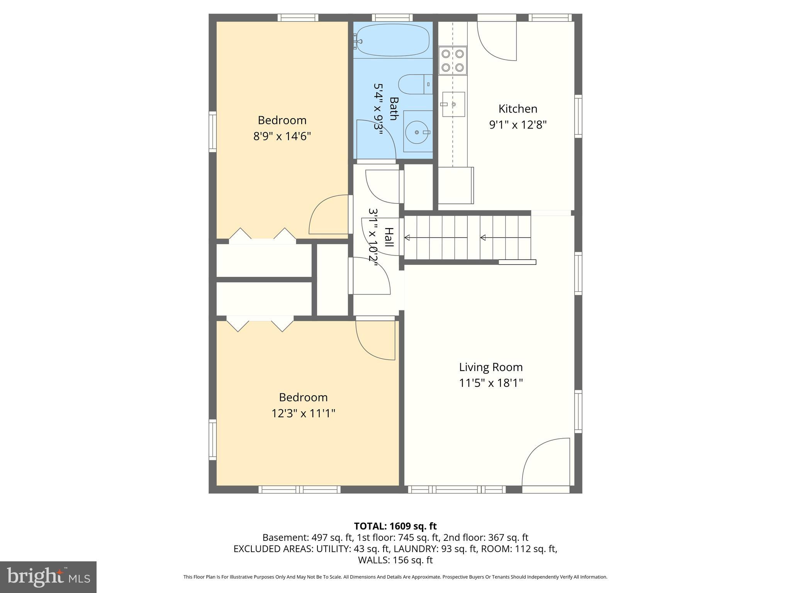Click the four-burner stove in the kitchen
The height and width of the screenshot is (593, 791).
coord(452,61)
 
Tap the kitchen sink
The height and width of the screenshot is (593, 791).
coord(453,104)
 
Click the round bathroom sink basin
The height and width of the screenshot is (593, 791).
coord(417,132)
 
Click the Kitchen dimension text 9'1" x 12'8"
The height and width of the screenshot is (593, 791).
coord(518,125)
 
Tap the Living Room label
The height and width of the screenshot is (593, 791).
coord(491,367)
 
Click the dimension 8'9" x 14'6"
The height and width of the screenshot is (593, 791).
coord(282,136)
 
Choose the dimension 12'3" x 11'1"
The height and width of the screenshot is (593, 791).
coord(303,413)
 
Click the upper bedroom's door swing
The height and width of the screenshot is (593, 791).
coord(329,215)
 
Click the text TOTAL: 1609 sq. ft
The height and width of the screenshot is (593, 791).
coord(395,526)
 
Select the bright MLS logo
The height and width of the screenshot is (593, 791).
coord(48,577)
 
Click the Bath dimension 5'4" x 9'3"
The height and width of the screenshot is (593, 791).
coord(378,109)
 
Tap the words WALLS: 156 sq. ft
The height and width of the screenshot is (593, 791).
coord(395,560)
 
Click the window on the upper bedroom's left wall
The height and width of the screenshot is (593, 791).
coord(212,131)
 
